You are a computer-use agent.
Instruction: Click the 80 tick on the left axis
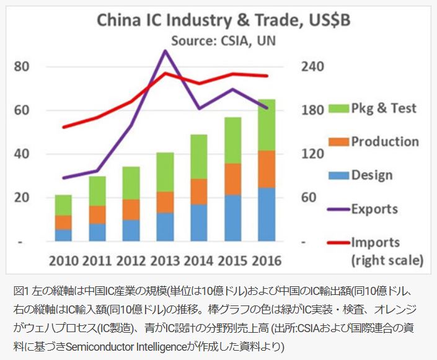pyautogui.click(x=23, y=66)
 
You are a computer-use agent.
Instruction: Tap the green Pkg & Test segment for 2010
pyautogui.click(x=63, y=205)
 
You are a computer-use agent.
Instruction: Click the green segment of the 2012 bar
pyautogui.click(x=131, y=183)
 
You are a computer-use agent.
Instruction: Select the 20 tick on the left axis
pyautogui.click(x=23, y=198)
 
